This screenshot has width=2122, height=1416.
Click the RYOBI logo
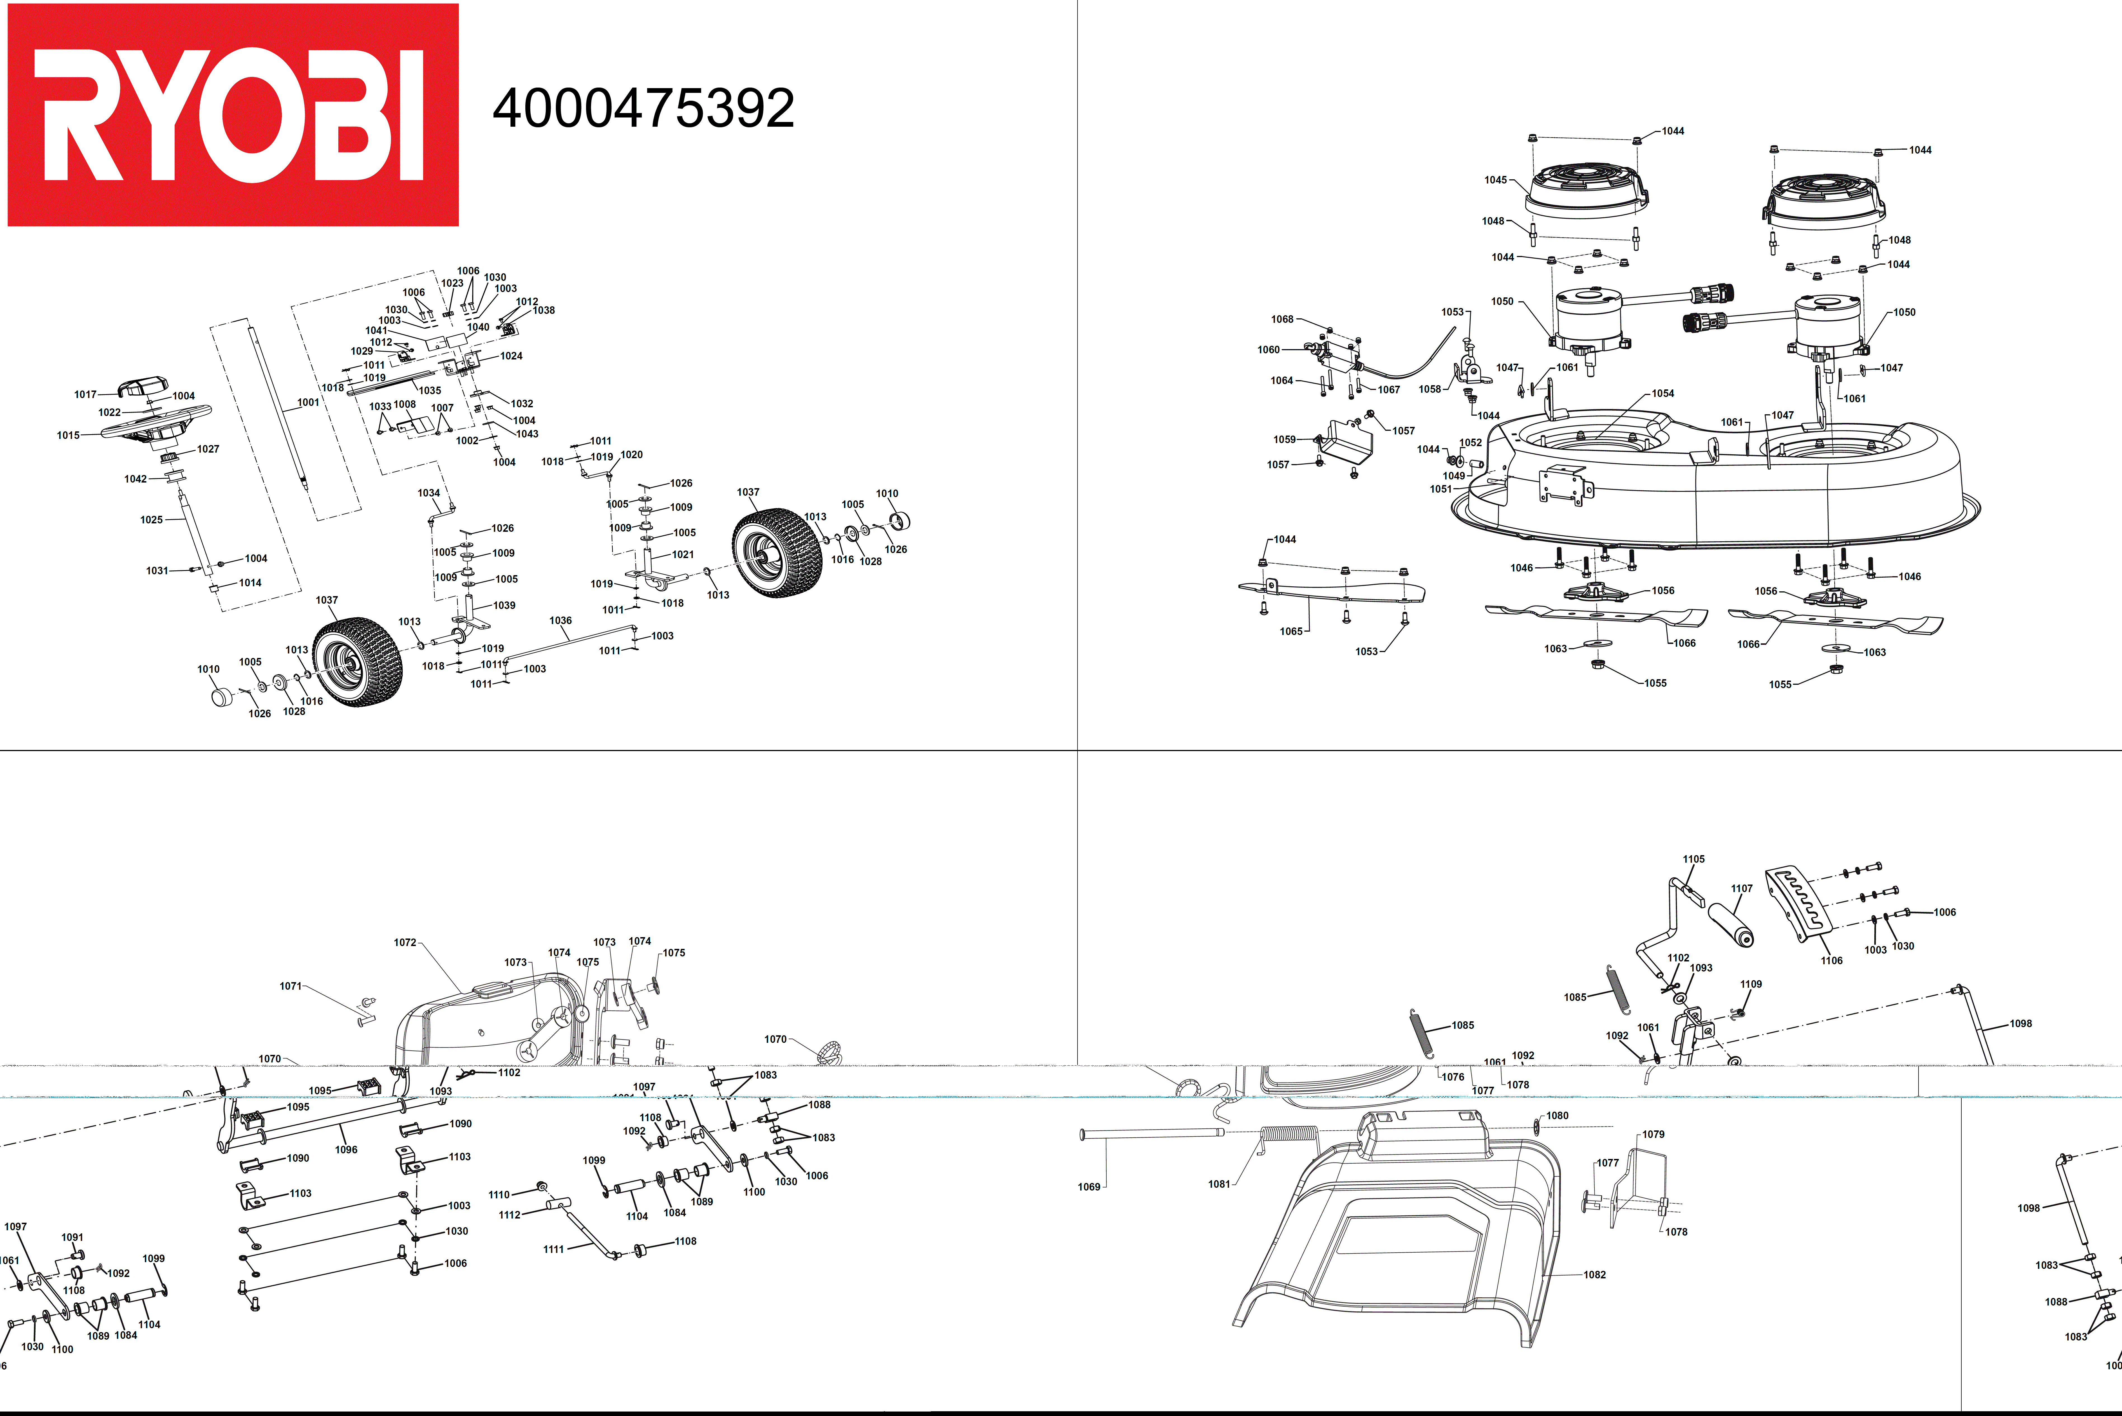coord(232,115)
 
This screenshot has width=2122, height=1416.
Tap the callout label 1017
coord(85,395)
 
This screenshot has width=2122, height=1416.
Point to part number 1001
coord(308,403)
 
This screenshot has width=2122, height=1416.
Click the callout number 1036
coord(560,620)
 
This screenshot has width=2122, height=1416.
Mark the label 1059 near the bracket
coord(1284,440)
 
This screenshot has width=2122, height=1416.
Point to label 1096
coord(346,1150)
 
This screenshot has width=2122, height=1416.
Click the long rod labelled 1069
coord(1152,1133)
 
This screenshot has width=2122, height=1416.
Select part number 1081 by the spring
coord(1219,1184)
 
